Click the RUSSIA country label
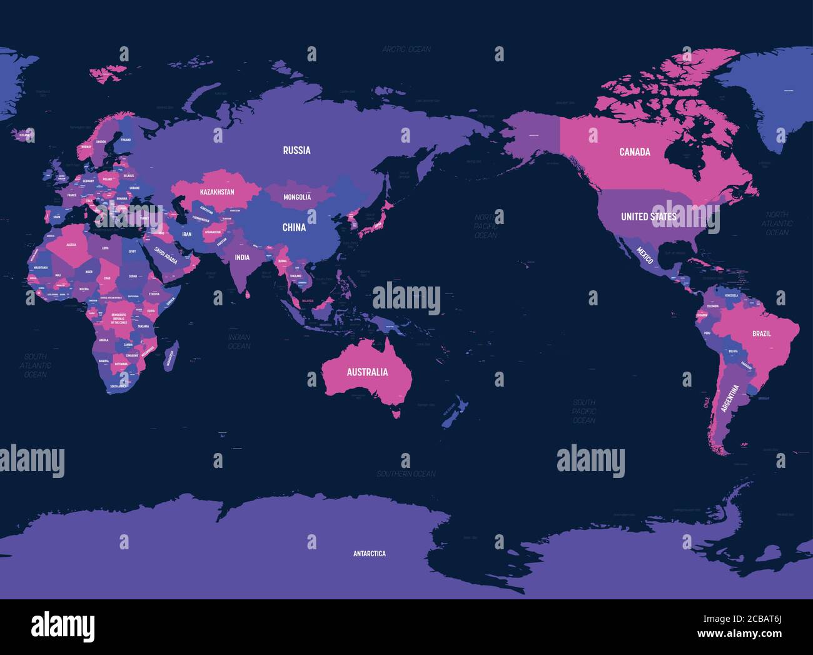pos(296,150)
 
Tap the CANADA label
pos(635,152)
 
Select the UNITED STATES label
pos(648,216)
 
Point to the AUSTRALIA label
pos(367,372)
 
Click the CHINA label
pos(294,227)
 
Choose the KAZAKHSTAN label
pos(217,191)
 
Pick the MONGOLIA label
pos(297,197)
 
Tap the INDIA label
pos(242,257)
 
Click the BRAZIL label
pos(761,333)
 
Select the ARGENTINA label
pos(730,398)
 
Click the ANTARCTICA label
pos(369,554)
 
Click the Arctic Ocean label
pos(406,49)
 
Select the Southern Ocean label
pos(406,474)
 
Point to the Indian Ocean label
pos(239,342)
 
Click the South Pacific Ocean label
pos(583,411)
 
